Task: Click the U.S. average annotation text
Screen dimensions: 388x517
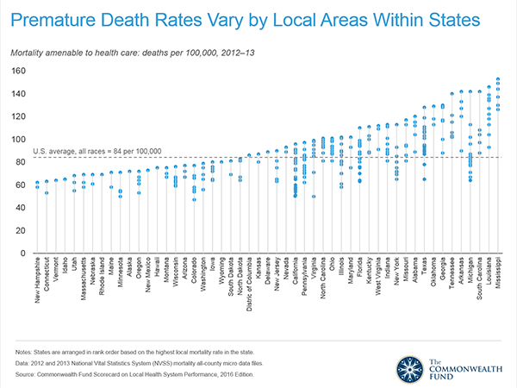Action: [x=97, y=152]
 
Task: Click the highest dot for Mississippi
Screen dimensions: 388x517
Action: [x=498, y=79]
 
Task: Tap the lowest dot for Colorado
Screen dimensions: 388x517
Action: [x=195, y=200]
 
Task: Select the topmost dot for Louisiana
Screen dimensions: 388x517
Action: [x=489, y=86]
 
